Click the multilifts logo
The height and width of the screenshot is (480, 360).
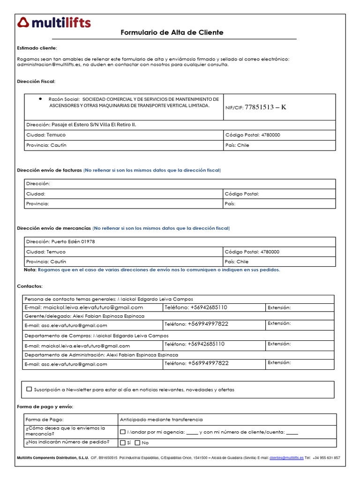point(54,22)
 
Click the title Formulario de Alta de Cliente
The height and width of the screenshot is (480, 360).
point(172,32)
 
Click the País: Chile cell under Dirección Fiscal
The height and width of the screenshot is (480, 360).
point(237,145)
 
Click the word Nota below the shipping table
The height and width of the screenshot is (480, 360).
point(30,270)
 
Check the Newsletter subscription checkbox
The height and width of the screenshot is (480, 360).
point(30,389)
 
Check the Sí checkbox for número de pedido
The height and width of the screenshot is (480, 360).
point(123,442)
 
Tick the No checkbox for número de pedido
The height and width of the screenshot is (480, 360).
point(137,442)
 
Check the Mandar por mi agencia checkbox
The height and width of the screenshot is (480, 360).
point(123,432)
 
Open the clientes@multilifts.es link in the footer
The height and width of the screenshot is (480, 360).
point(286,458)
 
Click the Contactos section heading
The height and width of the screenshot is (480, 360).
point(30,286)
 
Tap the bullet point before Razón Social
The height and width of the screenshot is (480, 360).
point(40,99)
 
